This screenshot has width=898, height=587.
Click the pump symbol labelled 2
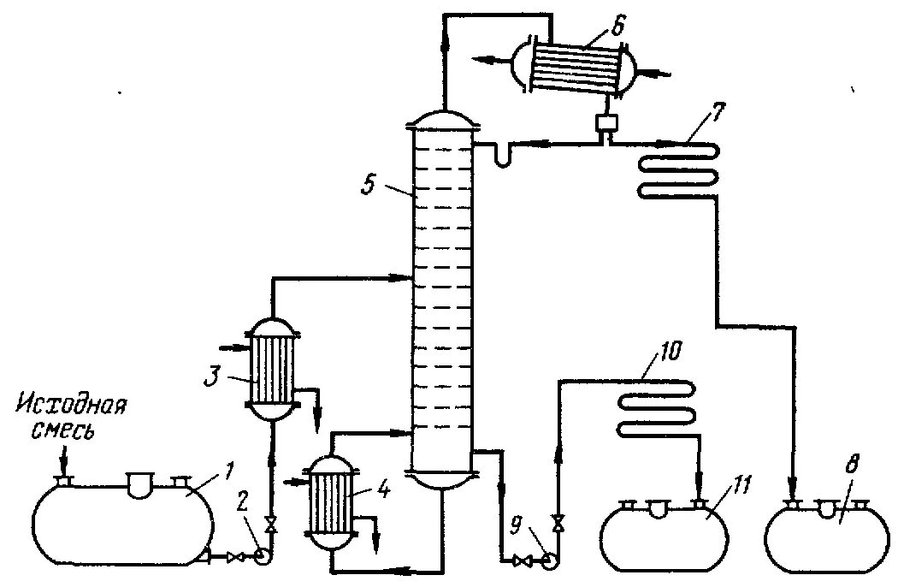click(x=263, y=556)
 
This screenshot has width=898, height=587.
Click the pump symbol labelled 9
click(x=547, y=560)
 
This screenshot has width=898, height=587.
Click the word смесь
click(x=61, y=430)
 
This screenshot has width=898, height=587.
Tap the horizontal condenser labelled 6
click(x=577, y=62)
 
